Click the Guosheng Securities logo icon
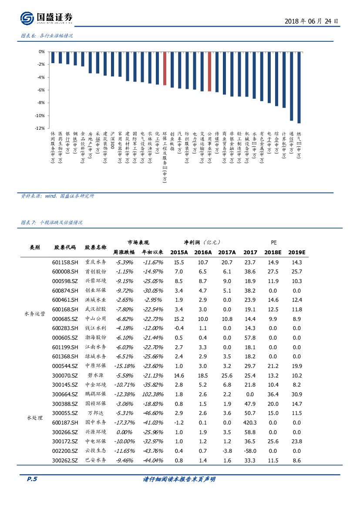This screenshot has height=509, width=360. [27, 18]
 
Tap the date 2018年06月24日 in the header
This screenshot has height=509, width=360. [311, 21]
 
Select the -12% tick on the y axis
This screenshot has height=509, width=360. [41, 128]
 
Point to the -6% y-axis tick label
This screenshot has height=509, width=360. [42, 90]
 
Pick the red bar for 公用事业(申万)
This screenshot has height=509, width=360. [209, 72]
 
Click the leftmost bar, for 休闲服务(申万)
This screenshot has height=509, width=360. [53, 57]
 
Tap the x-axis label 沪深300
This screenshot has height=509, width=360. [112, 140]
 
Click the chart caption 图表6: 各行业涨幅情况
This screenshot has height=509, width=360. [47, 36]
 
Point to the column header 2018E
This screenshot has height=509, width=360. [273, 252]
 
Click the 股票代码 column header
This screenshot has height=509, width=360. [65, 247]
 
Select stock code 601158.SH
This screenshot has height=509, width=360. [65, 262]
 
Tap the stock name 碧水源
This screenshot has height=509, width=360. [95, 375]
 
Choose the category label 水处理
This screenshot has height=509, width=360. [35, 418]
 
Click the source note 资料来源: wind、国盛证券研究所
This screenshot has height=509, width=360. [57, 196]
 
